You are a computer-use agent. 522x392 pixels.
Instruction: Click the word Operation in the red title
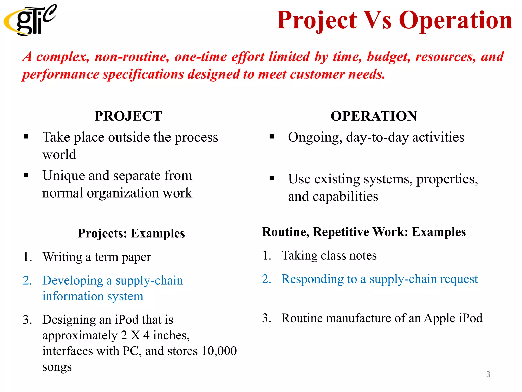(455, 20)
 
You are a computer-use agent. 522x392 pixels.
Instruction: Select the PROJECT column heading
(128, 116)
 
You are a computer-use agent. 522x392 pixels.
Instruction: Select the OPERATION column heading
(374, 116)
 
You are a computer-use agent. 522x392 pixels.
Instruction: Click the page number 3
(488, 374)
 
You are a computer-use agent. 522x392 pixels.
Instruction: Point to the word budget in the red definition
(388, 57)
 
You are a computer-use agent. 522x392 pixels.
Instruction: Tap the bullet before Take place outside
(26, 137)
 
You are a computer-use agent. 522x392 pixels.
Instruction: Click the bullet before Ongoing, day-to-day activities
(272, 137)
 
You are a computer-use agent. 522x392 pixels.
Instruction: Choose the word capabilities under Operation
(345, 197)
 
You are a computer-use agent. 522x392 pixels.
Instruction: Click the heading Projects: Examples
(131, 233)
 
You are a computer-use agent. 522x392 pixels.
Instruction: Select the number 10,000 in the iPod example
(219, 351)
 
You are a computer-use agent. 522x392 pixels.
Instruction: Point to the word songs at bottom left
(57, 367)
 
